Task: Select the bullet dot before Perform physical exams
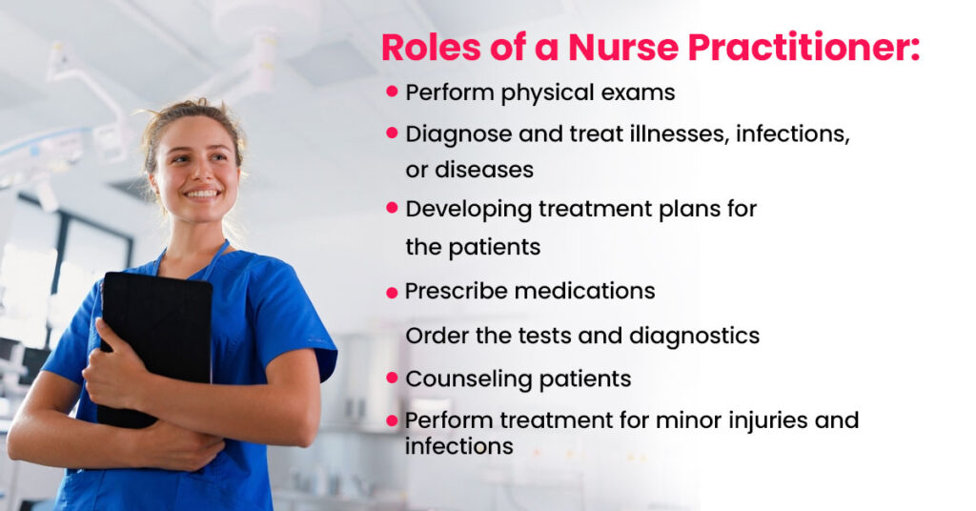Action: click(x=392, y=92)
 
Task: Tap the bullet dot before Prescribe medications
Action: click(x=392, y=293)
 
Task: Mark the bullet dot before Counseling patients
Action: click(x=392, y=378)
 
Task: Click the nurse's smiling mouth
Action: click(x=202, y=194)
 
